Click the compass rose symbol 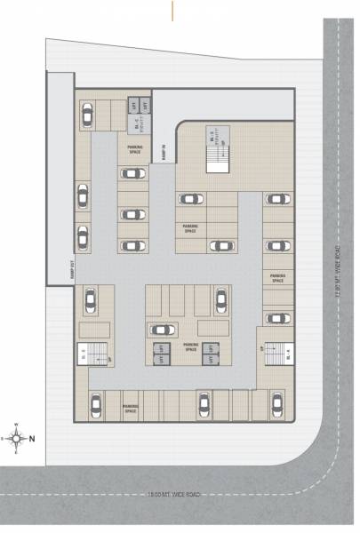point(15,437)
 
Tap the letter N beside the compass point(32,438)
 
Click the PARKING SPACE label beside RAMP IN point(135,151)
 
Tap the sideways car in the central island point(163,330)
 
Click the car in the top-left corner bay point(87,115)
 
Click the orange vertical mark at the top point(172,9)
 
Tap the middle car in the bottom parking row point(204,404)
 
